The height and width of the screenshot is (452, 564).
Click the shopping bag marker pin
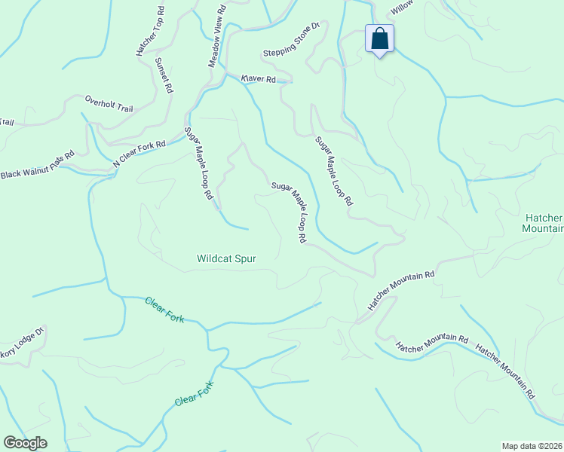(x=380, y=39)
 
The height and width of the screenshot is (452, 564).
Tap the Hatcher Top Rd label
(x=151, y=34)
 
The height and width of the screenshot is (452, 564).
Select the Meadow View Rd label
(x=217, y=36)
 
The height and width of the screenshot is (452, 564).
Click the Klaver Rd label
(x=259, y=78)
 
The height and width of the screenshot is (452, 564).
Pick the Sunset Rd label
(x=164, y=75)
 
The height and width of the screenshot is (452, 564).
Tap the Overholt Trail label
(x=109, y=104)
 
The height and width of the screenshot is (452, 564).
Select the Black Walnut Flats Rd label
(x=37, y=164)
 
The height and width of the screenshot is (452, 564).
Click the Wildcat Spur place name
(x=226, y=258)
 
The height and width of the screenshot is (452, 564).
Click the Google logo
(x=25, y=443)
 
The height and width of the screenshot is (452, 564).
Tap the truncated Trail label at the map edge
(x=7, y=122)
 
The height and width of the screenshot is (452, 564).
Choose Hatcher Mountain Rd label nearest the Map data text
(x=505, y=372)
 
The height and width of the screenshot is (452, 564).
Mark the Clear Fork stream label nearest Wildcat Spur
(x=164, y=310)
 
